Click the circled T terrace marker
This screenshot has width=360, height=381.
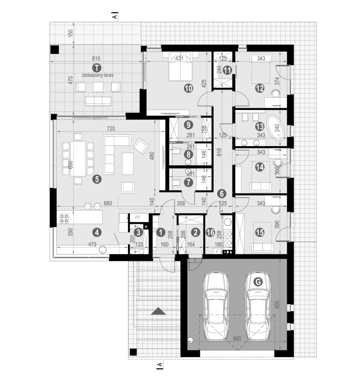coord(97,68)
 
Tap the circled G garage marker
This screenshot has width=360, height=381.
coord(258,282)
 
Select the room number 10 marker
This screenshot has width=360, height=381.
coord(189,88)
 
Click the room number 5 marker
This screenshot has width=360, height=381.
coord(97,179)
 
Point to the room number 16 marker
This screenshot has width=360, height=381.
coord(210,233)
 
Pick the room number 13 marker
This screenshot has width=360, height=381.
coord(260,127)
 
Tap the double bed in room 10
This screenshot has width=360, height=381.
coord(181,66)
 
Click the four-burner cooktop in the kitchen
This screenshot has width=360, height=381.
coord(64,219)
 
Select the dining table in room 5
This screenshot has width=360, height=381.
coord(78,158)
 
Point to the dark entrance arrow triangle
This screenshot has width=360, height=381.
coord(158,311)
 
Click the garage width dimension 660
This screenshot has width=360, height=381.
coord(237,339)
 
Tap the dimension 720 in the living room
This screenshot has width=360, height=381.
coord(111,128)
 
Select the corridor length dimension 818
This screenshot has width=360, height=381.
coord(219,152)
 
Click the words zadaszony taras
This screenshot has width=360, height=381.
coord(98,75)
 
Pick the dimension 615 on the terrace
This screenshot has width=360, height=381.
coord(96,58)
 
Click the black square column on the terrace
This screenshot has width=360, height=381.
coord(54,50)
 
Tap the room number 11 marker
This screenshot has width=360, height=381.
coord(227,70)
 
